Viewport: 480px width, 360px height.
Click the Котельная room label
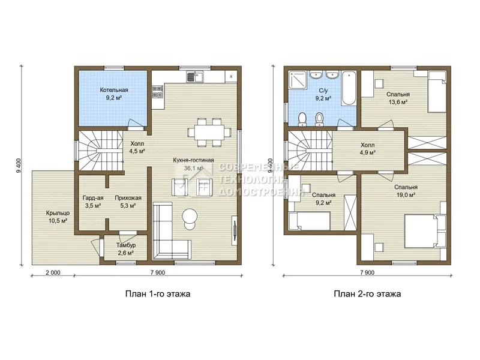click(x=114, y=90)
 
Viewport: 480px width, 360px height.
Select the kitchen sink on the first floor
click(x=195, y=76)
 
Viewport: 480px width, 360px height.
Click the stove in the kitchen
click(x=158, y=92)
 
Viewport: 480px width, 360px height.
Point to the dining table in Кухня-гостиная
click(x=209, y=132)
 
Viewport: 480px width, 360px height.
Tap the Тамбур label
click(x=126, y=245)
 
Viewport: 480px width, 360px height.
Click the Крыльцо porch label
click(x=58, y=213)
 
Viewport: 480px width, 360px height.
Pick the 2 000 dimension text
click(x=53, y=272)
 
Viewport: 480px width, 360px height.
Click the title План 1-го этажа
click(x=158, y=294)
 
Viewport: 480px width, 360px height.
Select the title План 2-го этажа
click(x=367, y=294)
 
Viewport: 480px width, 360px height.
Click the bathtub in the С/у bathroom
click(x=349, y=88)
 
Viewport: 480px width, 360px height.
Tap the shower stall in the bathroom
click(x=297, y=80)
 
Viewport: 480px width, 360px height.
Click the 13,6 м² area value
click(x=398, y=102)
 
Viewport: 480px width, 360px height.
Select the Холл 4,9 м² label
click(x=367, y=148)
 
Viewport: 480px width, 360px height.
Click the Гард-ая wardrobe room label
click(x=93, y=198)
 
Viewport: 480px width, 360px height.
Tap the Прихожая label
click(x=128, y=198)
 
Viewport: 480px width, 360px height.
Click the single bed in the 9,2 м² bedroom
click(x=309, y=221)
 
